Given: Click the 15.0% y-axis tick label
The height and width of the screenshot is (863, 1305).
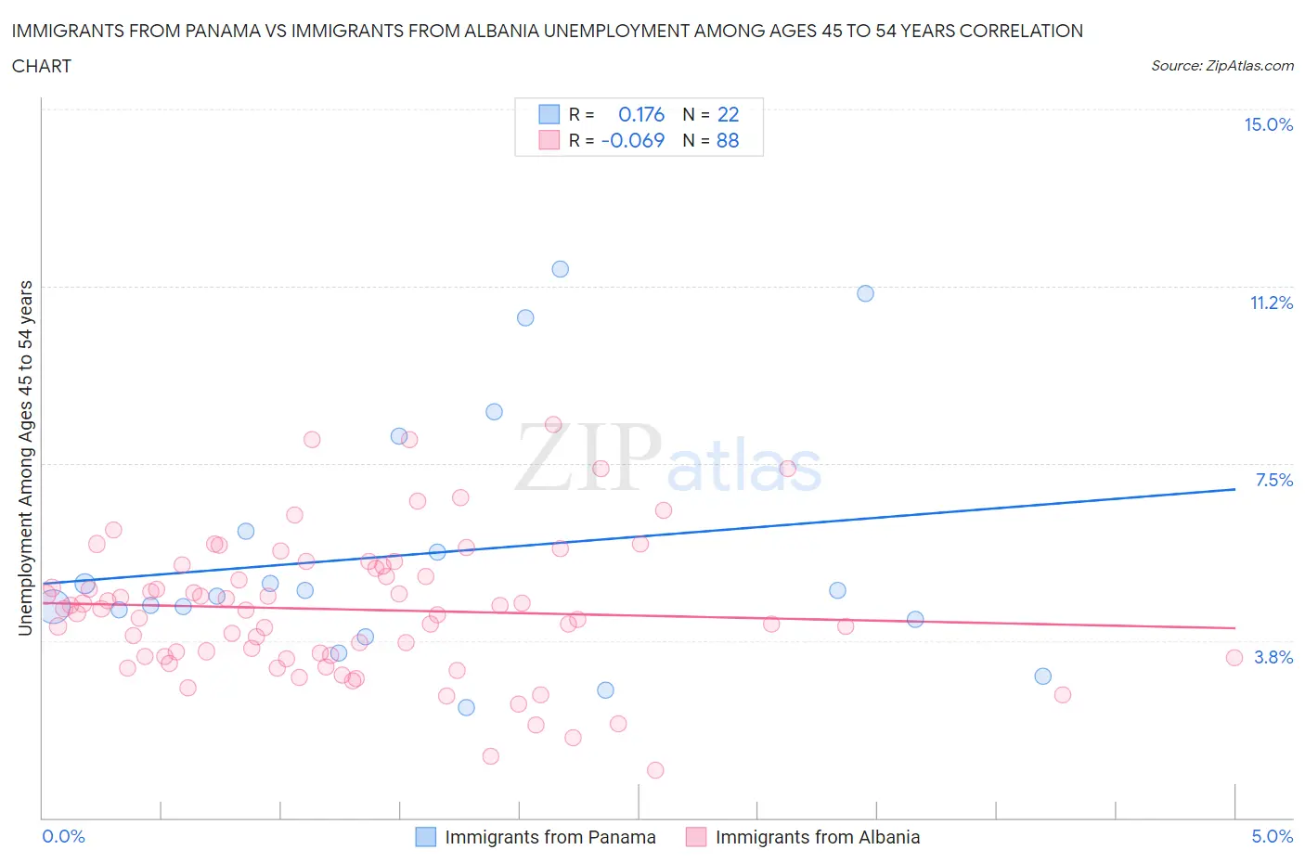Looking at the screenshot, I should [1268, 125].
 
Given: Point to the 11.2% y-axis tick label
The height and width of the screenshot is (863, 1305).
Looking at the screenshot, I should [1271, 303].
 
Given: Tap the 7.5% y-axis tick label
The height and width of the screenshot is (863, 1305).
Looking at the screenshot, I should [1273, 480].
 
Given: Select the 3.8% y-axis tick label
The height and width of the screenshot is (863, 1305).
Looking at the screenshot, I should [1273, 657].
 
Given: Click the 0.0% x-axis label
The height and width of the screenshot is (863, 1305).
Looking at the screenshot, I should [63, 836].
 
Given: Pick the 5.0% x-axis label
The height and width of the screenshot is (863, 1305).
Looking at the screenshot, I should [1272, 836].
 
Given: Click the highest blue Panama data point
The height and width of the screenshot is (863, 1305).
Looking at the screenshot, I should [560, 269].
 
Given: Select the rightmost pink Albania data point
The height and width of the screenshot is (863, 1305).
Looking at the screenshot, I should [1234, 658].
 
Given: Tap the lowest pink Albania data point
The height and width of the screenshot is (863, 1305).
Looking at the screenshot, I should [655, 770].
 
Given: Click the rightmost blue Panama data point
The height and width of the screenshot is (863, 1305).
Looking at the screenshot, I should [1042, 676].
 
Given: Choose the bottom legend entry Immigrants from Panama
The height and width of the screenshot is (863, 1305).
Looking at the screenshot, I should [549, 837].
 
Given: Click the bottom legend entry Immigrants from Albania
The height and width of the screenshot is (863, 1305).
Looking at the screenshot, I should [817, 837].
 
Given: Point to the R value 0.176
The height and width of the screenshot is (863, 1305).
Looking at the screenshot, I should [641, 114].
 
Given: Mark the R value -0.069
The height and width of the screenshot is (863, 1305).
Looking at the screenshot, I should [633, 140].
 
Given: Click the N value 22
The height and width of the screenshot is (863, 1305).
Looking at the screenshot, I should [728, 114].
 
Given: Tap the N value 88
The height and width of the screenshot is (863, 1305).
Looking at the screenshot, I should [728, 140].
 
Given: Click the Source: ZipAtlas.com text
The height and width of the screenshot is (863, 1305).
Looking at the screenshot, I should [1221, 66].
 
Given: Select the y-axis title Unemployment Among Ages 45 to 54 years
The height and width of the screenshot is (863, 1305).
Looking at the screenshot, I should [25, 457].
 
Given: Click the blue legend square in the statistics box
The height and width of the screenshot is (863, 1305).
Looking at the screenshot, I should [549, 114].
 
